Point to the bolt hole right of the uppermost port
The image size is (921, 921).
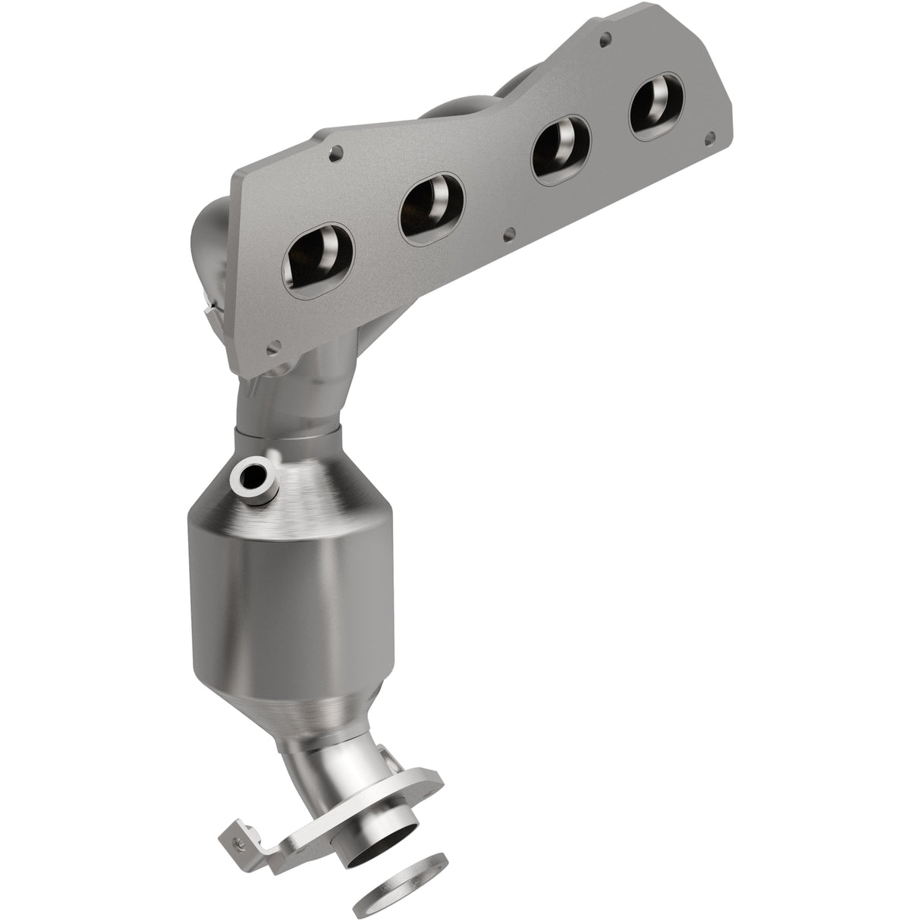[x=711, y=137]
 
